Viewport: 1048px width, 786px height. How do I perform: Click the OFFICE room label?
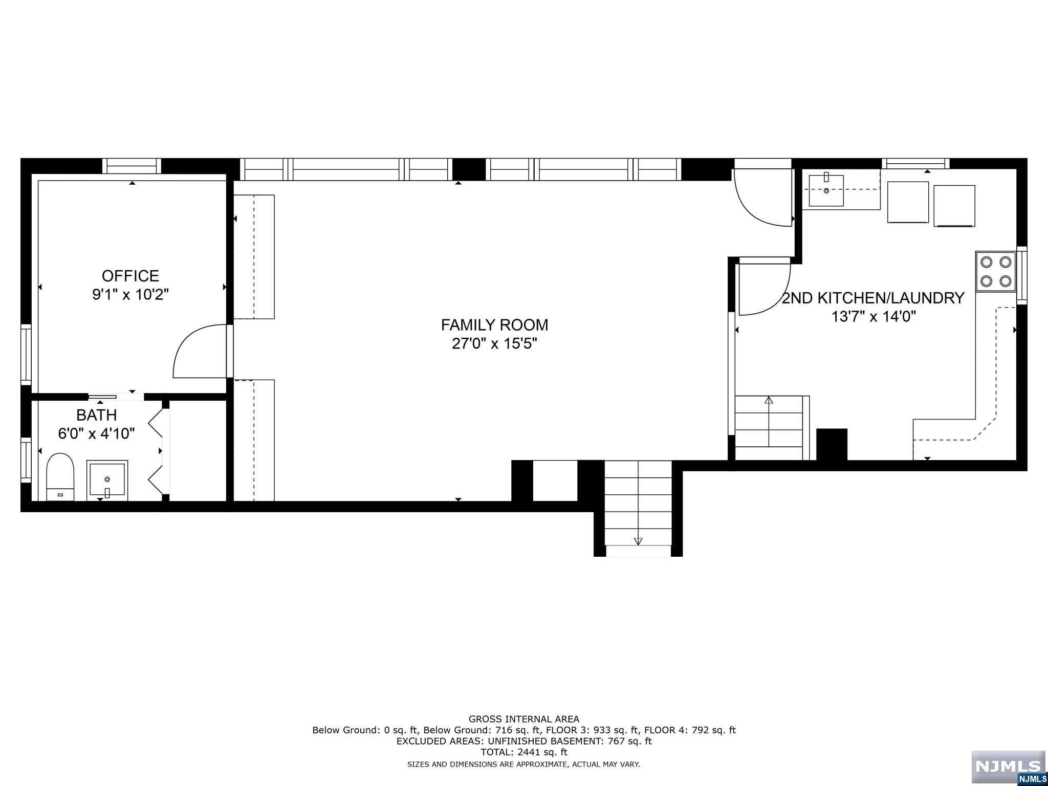pos(130,276)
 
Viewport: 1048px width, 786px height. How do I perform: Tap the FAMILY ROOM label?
pos(494,325)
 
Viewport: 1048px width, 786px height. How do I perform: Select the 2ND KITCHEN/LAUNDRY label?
pos(873,298)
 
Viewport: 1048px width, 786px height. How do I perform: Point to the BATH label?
pos(96,415)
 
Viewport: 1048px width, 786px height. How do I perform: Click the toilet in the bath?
pos(60,476)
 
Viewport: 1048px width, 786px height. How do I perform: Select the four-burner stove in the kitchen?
pos(995,271)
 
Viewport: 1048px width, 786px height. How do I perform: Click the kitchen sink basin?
pos(826,190)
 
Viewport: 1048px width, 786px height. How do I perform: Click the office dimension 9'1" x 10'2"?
pos(130,295)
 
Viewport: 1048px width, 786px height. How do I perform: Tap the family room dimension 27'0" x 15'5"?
pos(494,343)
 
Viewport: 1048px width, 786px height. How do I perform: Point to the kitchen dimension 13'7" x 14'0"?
pos(873,317)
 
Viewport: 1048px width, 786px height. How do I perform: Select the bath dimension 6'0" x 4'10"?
pos(96,434)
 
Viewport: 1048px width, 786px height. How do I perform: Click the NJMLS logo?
pos(1008,767)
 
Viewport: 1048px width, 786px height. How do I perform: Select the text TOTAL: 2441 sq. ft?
pos(524,752)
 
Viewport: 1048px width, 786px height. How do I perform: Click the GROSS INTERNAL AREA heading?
pos(524,719)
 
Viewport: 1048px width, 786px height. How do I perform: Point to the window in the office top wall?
pos(132,166)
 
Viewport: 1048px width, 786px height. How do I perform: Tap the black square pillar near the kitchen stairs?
pos(832,444)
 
